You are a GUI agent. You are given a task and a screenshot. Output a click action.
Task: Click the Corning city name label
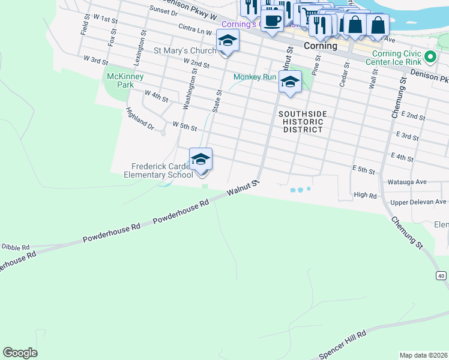pos(320,46)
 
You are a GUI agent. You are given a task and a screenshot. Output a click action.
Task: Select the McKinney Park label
pos(121,80)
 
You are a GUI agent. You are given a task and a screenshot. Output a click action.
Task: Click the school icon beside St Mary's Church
pos(227,41)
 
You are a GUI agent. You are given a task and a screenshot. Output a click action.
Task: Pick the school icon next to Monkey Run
pos(290,82)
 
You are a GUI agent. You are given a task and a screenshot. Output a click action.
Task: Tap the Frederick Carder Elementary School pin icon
pos(200,160)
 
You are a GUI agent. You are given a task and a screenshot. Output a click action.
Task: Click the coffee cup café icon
pos(272,20)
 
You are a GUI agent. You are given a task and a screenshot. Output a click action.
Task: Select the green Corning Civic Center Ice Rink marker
pos(430,58)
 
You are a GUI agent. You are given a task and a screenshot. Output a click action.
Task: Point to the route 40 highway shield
pos(441,275)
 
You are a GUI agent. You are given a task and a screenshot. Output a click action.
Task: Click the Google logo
pos(20,353)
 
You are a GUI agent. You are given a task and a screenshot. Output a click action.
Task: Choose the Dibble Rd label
pos(15,247)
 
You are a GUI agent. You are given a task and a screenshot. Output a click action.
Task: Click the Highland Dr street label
pos(140,119)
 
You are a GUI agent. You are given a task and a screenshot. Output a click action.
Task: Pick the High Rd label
pos(365,194)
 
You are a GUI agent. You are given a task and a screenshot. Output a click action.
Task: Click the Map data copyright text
pos(424,355)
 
